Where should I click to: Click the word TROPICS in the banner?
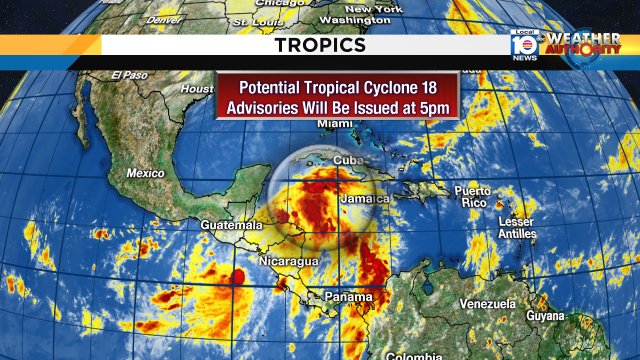[320, 46]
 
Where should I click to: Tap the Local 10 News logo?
[523, 45]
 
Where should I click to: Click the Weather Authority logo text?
[582, 44]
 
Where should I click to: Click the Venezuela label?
[487, 304]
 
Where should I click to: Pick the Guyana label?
[545, 315]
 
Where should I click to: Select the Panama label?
[348, 297]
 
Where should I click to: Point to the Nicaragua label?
[291, 261]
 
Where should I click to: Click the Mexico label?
[145, 173]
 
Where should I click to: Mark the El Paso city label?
[130, 75]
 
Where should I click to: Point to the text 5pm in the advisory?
[431, 106]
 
